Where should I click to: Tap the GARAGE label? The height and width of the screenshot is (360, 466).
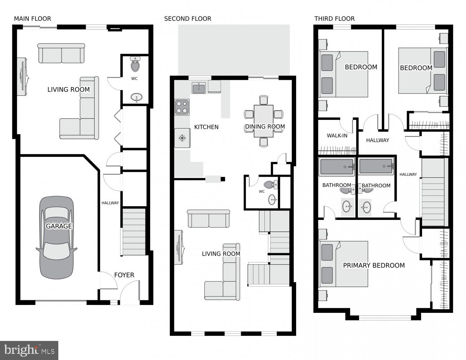pos(59,226)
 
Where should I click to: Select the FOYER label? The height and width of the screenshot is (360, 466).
pos(124,275)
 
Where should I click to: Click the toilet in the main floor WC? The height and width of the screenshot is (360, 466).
pos(136,65)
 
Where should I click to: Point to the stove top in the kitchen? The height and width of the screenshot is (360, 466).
pos(182,107)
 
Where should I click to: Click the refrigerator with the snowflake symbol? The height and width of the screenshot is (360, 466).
pos(182,138)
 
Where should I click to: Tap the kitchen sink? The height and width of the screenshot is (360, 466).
pos(199,87)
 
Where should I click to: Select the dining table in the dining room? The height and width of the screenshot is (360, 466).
pos(263,121)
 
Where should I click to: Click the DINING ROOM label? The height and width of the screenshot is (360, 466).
pos(265,127)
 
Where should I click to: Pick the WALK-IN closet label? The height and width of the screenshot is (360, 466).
pos(337,136)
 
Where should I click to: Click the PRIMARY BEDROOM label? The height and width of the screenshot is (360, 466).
pos(374,266)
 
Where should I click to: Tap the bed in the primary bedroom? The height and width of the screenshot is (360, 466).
pos(344,264)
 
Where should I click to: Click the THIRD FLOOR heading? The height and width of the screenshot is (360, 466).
pos(334,19)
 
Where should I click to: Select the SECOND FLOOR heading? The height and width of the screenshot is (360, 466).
pos(187,19)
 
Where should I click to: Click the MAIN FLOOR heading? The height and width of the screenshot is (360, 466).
pos(32,19)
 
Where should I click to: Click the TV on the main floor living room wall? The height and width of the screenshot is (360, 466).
pos(22,76)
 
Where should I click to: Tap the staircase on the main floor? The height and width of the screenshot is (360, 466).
pos(134,232)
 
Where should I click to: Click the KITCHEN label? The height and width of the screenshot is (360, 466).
pos(206,127)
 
